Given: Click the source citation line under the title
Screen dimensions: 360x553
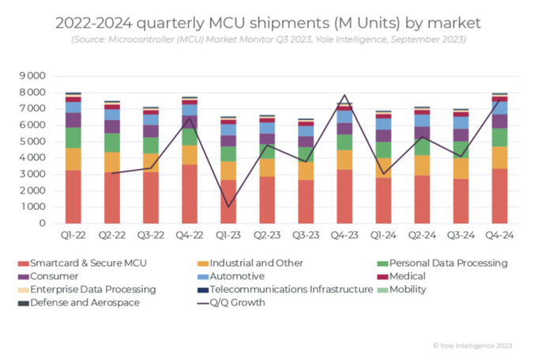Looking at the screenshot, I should (x=269, y=39).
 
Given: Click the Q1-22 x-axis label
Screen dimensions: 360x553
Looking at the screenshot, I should (x=73, y=234).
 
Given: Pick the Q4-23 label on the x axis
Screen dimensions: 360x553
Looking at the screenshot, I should (x=344, y=234).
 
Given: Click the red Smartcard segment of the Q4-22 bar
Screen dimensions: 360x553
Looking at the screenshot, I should (x=189, y=193).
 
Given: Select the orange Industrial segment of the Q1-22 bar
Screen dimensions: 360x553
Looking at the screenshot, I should (x=73, y=159).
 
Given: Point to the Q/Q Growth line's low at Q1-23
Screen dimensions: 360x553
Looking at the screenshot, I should (x=228, y=207).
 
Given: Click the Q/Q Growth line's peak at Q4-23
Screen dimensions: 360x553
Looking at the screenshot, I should (x=344, y=96).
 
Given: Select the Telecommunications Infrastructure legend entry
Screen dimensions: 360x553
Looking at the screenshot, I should (x=288, y=290).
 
